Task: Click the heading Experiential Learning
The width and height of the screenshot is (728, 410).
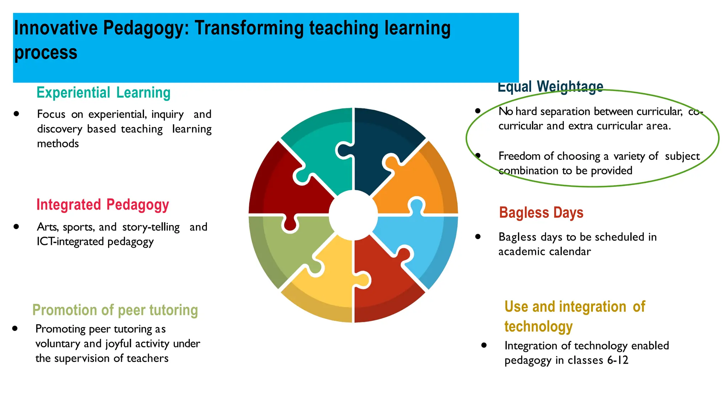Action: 103,93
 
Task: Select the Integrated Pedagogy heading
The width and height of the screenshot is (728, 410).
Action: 102,205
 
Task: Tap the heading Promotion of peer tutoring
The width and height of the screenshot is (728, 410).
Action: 115,310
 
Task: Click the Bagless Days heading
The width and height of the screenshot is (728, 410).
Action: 541,213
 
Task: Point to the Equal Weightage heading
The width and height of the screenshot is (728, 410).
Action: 550,86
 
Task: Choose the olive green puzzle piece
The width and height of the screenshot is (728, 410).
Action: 281,246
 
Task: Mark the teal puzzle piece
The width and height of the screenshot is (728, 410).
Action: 320,142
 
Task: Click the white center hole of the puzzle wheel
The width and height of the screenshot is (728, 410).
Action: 353,215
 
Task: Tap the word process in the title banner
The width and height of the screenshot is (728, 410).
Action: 46,53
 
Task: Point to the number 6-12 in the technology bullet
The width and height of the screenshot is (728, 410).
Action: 618,360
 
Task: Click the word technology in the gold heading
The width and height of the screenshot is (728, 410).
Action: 538,326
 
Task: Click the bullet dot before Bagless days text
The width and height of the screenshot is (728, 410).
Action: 478,237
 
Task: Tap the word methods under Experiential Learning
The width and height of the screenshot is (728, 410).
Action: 58,144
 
